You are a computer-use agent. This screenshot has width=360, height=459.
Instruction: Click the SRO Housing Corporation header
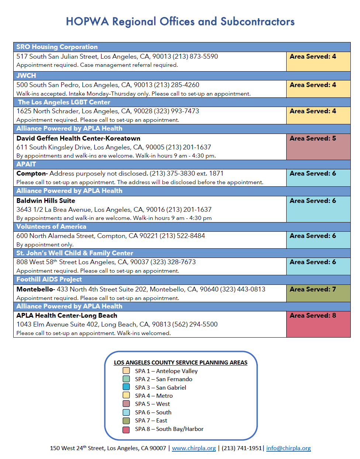(x=57, y=47)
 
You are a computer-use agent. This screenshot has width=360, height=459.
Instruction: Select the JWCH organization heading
(x=26, y=75)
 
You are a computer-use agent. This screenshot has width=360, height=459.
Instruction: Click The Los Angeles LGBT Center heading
(x=64, y=102)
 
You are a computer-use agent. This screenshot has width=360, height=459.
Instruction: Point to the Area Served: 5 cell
(x=318, y=146)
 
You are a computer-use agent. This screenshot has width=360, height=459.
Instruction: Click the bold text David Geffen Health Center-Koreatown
(x=78, y=138)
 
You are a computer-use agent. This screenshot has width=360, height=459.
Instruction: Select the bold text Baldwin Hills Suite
(x=46, y=200)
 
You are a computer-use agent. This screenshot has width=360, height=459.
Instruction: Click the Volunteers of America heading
(x=51, y=227)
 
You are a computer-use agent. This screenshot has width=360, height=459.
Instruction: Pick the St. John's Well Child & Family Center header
(x=75, y=253)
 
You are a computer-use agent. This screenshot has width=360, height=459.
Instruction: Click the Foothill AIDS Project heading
(x=49, y=279)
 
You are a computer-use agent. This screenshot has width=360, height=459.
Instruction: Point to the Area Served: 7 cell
(x=318, y=293)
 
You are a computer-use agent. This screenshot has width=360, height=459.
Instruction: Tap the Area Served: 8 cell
(x=318, y=324)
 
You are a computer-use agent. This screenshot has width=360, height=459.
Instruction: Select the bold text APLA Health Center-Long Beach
(x=67, y=315)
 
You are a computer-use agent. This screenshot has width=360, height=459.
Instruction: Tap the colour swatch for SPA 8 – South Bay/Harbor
(x=126, y=429)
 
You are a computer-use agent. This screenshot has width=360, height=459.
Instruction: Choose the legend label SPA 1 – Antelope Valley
(x=166, y=371)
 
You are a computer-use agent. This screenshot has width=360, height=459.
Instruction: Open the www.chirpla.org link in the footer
(x=194, y=448)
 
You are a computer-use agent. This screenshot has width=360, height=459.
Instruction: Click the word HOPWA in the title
(x=87, y=21)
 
